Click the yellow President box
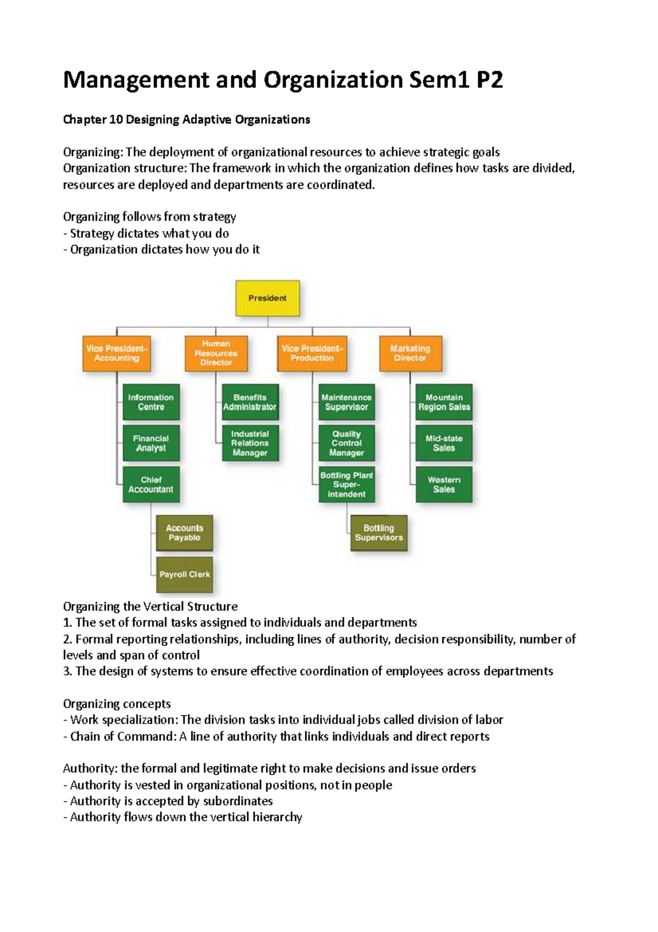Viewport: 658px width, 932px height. pos(268,298)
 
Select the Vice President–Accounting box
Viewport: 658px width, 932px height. pos(117,353)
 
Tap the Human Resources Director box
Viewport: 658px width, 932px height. pos(216,353)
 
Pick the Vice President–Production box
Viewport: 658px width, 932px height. pos(312,353)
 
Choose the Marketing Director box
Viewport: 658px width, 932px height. pos(410,353)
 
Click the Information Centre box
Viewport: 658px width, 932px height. pos(151,402)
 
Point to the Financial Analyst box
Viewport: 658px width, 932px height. pos(151,443)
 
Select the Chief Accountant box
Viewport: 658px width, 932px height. pos(151,485)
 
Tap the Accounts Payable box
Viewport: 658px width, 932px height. pos(184,533)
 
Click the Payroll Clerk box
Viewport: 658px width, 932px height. pos(184,575)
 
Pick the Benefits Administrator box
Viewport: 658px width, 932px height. pos(250,402)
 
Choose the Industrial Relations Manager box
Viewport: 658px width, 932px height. pos(250,443)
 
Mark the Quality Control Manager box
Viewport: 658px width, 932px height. pos(347,443)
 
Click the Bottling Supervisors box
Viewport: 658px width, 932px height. pos(378,533)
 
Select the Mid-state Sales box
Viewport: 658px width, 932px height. pos(444,443)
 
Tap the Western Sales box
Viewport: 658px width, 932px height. pos(444,485)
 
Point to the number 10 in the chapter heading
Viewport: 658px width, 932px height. pos(116,120)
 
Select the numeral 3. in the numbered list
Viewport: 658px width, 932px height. pos(67,671)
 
